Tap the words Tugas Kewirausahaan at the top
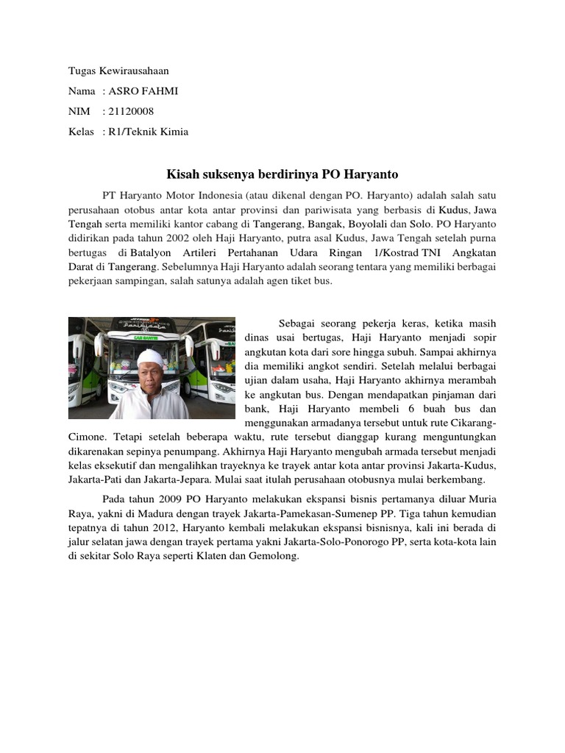tap(118, 71)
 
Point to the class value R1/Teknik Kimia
tap(149, 132)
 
